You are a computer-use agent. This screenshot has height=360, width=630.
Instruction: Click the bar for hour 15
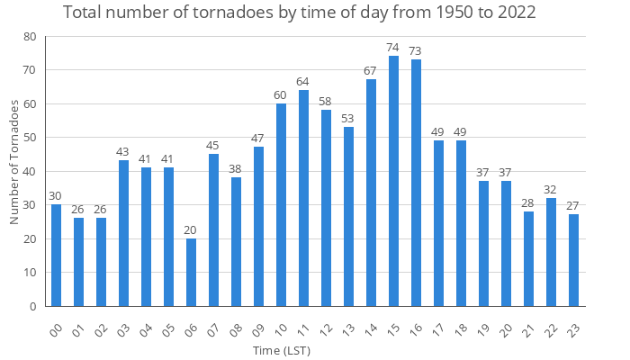click(393, 181)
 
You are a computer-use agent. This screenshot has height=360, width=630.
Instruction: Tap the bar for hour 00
click(56, 256)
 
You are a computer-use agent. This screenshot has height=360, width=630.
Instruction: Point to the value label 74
click(393, 48)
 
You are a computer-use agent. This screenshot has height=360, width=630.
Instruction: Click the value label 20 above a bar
click(191, 229)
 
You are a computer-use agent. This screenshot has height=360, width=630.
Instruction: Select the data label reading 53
click(348, 119)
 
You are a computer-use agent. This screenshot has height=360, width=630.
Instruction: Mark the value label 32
click(551, 190)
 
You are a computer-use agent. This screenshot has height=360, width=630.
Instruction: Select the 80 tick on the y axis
click(30, 37)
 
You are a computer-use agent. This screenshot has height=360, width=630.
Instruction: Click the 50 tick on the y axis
click(30, 138)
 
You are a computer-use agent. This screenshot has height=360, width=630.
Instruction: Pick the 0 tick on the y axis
click(33, 306)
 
